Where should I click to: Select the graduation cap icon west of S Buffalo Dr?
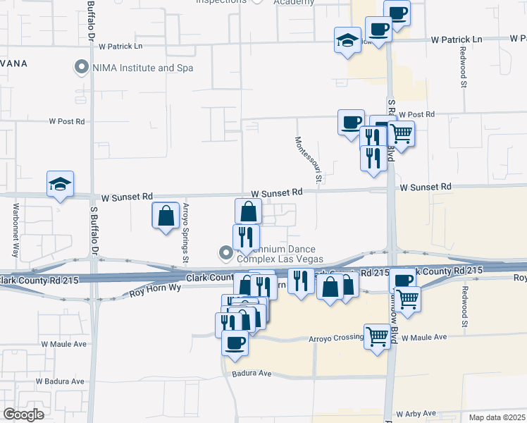60,184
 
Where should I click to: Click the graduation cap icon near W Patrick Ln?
348,40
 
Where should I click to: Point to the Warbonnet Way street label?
15,230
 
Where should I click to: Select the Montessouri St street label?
309,161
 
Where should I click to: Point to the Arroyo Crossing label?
336,338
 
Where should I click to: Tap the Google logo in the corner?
23,414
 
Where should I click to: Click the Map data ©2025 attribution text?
496,417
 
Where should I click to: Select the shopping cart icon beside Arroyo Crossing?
377,336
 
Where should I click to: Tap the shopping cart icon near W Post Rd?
401,133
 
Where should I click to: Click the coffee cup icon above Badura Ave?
235,343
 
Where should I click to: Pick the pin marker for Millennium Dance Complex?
225,252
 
